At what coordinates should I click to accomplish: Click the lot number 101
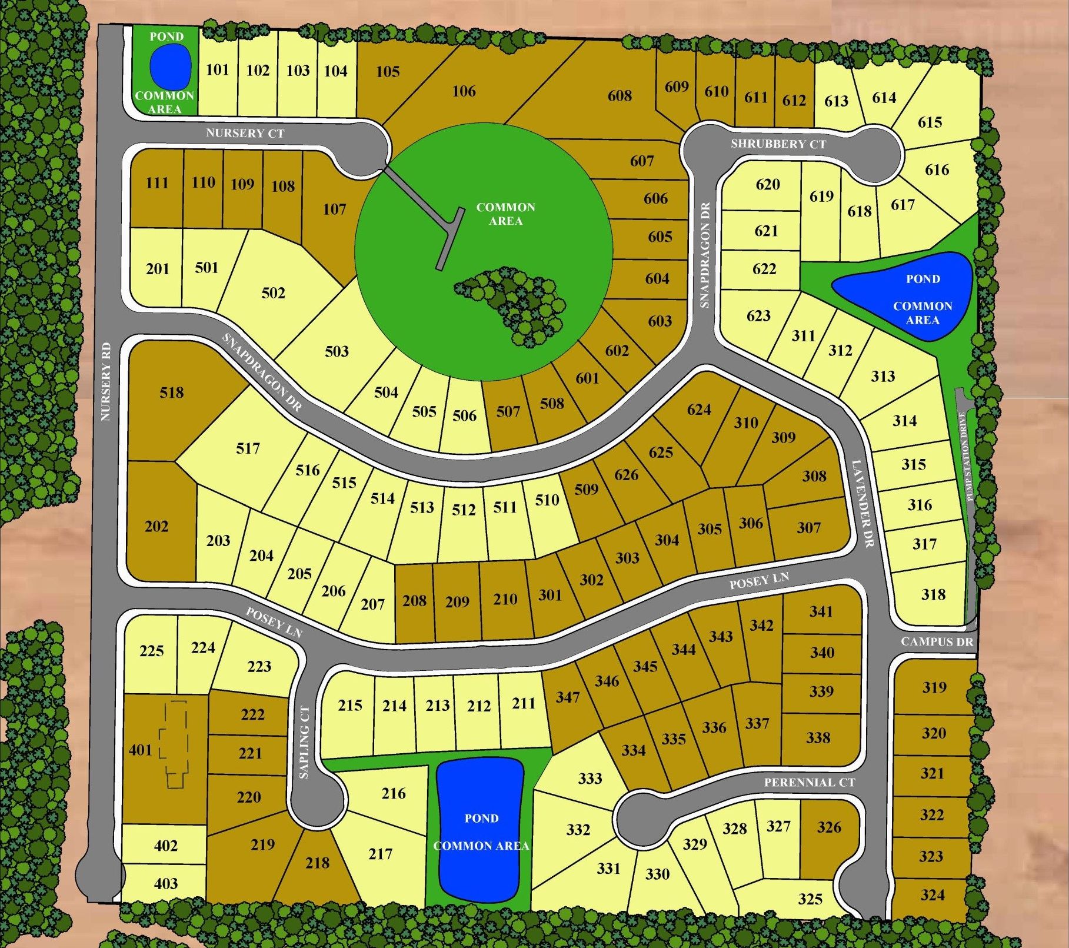pos(217,69)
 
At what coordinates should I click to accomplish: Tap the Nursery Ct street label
pos(245,134)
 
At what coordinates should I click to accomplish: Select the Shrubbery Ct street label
pos(778,144)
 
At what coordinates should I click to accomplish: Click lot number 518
pos(171,392)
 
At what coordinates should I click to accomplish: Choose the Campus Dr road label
pos(937,642)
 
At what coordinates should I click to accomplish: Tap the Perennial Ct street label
pos(809,783)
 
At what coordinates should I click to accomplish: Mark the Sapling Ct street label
pos(304,743)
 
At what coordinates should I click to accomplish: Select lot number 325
pos(810,899)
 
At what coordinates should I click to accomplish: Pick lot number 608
pos(620,95)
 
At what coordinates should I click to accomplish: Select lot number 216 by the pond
pos(393,793)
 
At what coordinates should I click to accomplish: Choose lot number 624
pos(698,409)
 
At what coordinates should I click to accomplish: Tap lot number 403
pos(165,883)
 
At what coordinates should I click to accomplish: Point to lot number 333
pos(590,779)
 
